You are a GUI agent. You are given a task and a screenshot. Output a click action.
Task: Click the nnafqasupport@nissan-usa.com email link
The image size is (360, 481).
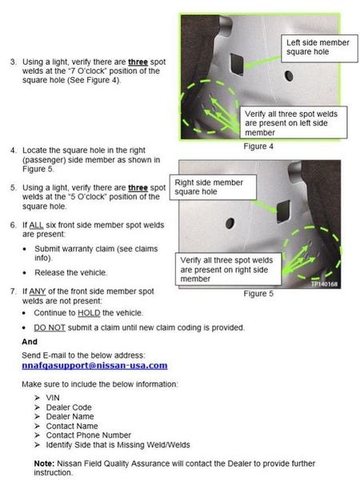tap(94, 366)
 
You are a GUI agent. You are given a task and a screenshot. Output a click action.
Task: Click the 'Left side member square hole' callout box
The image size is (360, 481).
tap(319, 49)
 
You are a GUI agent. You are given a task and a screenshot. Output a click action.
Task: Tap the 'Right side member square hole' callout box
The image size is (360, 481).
tap(213, 187)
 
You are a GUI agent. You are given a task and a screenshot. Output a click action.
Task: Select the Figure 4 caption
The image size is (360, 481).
tap(258, 146)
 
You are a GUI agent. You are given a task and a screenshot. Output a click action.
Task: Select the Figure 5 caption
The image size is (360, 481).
tap(258, 294)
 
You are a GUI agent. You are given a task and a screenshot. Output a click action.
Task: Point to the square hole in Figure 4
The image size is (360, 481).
tap(237, 64)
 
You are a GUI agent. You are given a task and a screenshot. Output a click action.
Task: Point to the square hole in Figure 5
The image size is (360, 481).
tap(283, 211)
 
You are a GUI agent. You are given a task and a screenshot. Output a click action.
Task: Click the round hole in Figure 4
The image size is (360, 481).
tap(289, 76)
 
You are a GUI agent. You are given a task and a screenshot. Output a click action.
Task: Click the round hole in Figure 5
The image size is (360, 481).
tap(230, 223)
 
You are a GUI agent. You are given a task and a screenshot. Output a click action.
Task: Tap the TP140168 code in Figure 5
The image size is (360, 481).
tap(324, 284)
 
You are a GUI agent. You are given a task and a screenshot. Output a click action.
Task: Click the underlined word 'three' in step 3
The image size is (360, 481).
tap(138, 62)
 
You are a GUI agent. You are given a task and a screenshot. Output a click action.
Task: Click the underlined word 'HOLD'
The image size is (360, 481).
tap(89, 313)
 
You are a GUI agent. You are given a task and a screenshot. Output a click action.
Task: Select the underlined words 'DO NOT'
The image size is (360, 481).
tap(50, 327)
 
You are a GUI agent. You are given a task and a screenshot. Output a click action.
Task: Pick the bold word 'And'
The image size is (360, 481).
tap(30, 342)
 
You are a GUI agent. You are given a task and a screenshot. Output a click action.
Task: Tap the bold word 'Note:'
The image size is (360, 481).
tap(44, 463)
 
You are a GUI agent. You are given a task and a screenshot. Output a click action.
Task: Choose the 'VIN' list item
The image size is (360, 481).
tap(53, 398)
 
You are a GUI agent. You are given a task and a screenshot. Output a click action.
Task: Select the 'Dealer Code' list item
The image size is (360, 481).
tap(69, 407)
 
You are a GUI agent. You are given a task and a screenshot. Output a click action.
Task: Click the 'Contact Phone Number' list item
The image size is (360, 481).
tap(88, 435)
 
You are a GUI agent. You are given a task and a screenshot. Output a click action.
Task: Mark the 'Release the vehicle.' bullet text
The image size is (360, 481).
tap(71, 273)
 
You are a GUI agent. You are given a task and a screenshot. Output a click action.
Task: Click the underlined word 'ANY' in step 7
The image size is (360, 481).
tap(38, 291)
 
